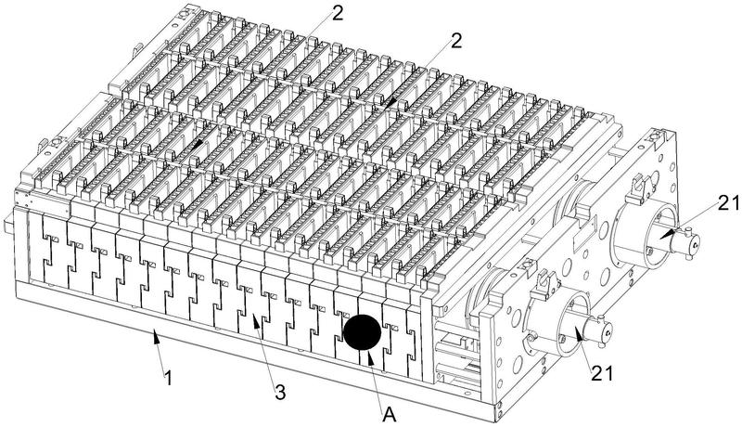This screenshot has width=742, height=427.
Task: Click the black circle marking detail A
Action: [362, 332]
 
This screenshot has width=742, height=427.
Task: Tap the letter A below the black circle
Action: [389, 415]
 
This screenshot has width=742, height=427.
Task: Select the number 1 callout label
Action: [167, 380]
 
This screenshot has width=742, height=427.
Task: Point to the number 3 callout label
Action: [280, 392]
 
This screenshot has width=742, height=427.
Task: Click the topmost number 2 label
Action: [337, 13]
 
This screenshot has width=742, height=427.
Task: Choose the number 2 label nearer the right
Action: [455, 41]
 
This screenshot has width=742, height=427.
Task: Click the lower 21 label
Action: [601, 373]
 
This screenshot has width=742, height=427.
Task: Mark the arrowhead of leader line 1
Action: [155, 338]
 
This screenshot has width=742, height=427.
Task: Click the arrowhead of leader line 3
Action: [254, 321]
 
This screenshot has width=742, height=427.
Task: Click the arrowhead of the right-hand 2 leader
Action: [390, 103]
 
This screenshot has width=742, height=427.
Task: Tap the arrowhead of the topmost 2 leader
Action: [198, 144]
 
